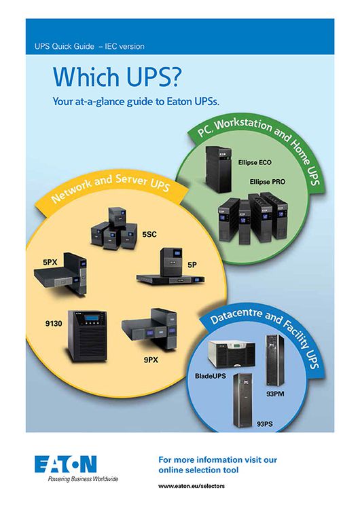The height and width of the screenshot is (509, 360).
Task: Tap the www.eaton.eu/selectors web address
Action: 192,487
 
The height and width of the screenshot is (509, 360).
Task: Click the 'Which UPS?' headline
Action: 116,76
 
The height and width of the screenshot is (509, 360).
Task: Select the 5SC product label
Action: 149,234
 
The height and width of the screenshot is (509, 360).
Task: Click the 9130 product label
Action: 54,324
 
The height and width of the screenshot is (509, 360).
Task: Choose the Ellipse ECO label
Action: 255,162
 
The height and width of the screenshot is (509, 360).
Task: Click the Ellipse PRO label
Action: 267,182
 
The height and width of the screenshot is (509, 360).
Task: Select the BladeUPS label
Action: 210,376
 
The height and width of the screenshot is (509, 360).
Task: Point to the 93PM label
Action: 275,394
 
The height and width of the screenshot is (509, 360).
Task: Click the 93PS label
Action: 264,424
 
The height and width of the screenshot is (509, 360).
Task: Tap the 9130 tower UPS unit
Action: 88,336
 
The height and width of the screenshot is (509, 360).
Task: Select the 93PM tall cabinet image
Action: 275,360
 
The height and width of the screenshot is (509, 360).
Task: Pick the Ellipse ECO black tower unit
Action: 218,169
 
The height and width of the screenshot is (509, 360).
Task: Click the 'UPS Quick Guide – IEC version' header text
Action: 90,46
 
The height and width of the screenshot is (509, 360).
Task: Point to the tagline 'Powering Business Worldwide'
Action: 83,479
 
